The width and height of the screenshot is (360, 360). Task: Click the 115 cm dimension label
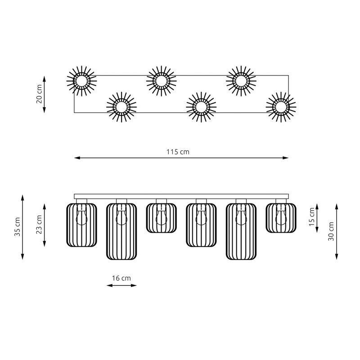click(x=178, y=152)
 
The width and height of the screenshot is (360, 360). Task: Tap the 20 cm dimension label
click(x=39, y=94)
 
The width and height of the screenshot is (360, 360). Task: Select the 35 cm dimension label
click(x=18, y=227)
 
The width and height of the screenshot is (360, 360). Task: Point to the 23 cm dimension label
click(x=39, y=225)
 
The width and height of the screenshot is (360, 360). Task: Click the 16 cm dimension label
click(x=121, y=278)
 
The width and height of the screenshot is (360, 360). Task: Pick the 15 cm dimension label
click(x=311, y=217)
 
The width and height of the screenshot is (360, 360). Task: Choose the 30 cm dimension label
click(x=331, y=231)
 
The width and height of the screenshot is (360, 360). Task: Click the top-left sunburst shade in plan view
click(x=81, y=81)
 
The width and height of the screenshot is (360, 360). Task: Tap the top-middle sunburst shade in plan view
click(x=162, y=81)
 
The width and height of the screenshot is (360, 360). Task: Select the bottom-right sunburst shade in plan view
click(x=281, y=107)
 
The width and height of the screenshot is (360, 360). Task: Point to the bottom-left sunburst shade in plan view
click(x=121, y=107)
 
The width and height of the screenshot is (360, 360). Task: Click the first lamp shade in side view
click(x=81, y=225)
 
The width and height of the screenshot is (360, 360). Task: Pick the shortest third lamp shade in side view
click(x=162, y=218)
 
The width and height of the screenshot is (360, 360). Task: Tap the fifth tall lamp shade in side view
click(x=241, y=231)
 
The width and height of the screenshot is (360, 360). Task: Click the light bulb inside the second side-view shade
click(x=121, y=216)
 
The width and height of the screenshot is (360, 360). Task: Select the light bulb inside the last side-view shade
click(x=281, y=216)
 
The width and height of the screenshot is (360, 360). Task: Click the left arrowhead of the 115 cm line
click(x=77, y=158)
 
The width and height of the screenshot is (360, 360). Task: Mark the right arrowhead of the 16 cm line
click(x=134, y=285)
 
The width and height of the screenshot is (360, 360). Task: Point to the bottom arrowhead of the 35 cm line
click(x=22, y=256)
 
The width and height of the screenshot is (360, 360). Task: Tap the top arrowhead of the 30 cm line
click(x=337, y=207)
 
